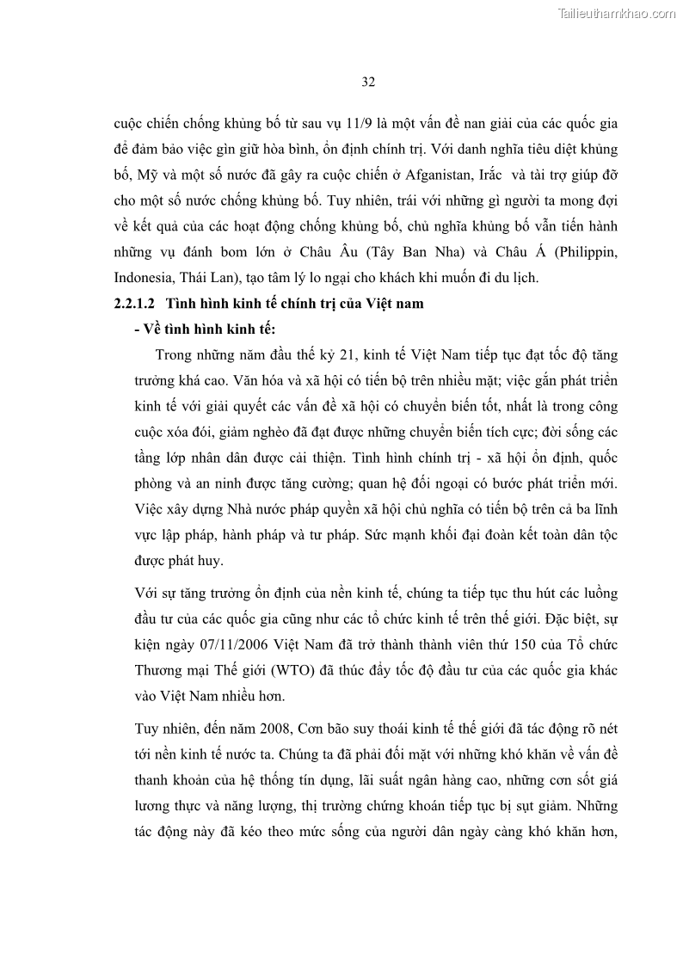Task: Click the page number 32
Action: point(367,83)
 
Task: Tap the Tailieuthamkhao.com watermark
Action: point(618,13)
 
